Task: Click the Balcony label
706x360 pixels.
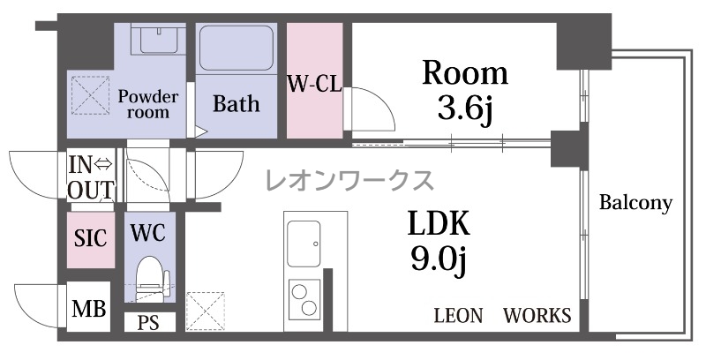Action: pyautogui.click(x=635, y=204)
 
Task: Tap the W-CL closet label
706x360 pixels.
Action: pyautogui.click(x=315, y=83)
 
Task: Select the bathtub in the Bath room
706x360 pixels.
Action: pyautogui.click(x=237, y=48)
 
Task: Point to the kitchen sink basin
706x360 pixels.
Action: pyautogui.click(x=304, y=244)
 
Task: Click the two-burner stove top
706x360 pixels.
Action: pyautogui.click(x=304, y=298)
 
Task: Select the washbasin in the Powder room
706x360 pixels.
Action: pyautogui.click(x=158, y=39)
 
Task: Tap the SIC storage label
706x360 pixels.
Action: pyautogui.click(x=91, y=238)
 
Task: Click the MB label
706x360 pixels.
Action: pyautogui.click(x=89, y=309)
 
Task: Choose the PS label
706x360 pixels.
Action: pyautogui.click(x=148, y=323)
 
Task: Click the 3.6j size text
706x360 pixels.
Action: pyautogui.click(x=466, y=110)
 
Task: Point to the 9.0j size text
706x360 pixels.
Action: pyautogui.click(x=439, y=259)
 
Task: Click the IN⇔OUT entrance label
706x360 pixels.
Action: pyautogui.click(x=91, y=177)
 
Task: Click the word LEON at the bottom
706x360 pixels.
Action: pyautogui.click(x=458, y=316)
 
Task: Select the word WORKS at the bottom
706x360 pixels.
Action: pyautogui.click(x=537, y=316)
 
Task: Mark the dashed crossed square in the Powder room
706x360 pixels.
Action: pyautogui.click(x=91, y=95)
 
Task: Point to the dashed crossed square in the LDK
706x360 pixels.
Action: pyautogui.click(x=206, y=311)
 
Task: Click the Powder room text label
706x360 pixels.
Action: pyautogui.click(x=148, y=104)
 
